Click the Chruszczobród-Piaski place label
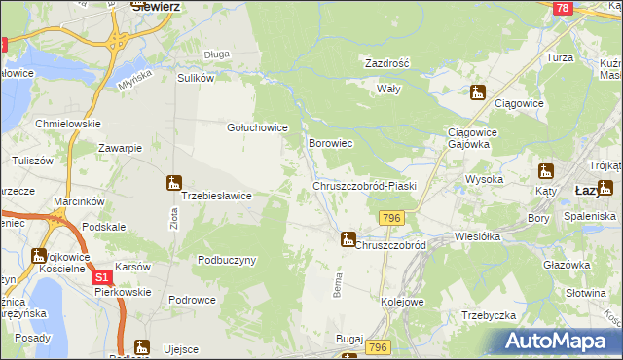[x=364, y=185]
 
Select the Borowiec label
[x=330, y=143]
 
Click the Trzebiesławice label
[x=217, y=196]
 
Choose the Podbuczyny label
[x=226, y=260]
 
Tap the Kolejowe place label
[x=402, y=302]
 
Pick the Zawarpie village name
[x=121, y=148]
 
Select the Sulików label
[x=195, y=78]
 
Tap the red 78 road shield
[x=561, y=8]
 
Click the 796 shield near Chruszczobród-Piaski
[x=392, y=217]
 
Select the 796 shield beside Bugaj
[x=380, y=347]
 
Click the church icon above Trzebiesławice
[x=173, y=181]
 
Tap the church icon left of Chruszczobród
[x=347, y=237]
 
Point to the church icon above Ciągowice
[x=476, y=93]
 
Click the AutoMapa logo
[x=561, y=341]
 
